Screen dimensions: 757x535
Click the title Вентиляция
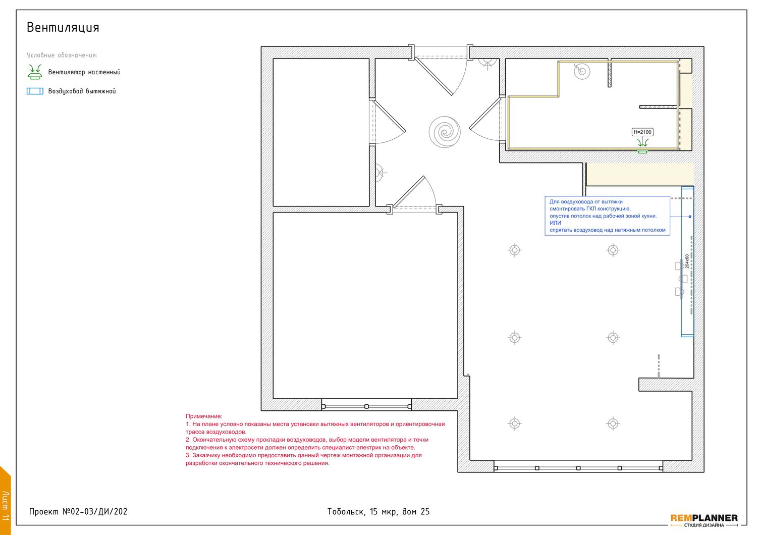[63, 28]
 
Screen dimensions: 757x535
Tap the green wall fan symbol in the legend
[35, 72]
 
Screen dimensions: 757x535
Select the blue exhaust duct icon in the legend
[35, 91]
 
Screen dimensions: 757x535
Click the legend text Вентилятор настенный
[84, 72]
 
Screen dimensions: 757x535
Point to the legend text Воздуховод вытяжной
[82, 91]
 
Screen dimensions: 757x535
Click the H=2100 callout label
[642, 132]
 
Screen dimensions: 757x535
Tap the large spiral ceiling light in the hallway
[445, 132]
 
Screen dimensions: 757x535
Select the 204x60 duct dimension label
[687, 261]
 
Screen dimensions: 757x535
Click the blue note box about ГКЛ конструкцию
[607, 216]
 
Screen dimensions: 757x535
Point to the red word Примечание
[204, 416]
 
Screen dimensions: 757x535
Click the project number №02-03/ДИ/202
[95, 512]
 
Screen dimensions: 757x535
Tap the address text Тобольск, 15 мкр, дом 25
[378, 512]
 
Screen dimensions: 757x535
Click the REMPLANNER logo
[704, 520]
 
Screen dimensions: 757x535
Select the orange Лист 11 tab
[5, 502]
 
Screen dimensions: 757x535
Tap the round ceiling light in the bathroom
[582, 71]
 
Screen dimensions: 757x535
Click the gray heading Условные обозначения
[62, 55]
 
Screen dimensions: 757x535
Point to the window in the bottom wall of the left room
[366, 404]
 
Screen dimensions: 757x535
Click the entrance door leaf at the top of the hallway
[434, 76]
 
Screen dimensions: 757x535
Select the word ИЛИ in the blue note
[555, 223]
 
